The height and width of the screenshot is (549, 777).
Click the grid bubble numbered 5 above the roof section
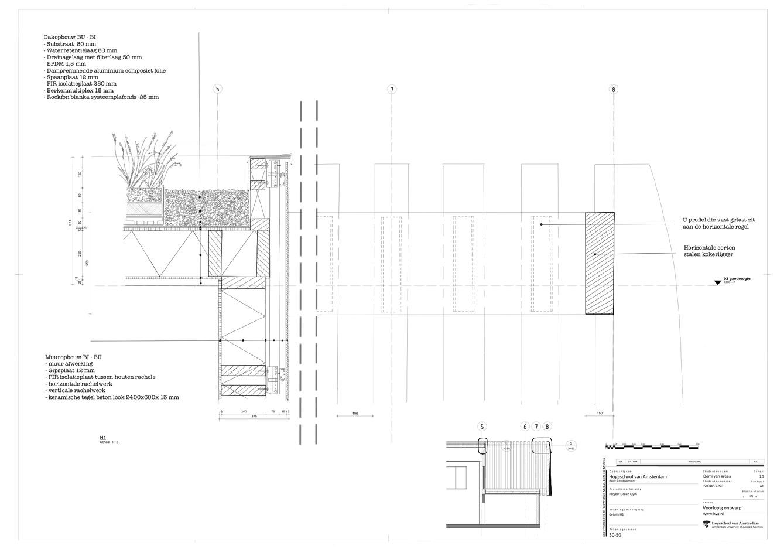pos(218,89)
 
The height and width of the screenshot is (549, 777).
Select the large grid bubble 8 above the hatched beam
pos(613,90)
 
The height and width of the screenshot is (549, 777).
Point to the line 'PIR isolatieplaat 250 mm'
pos(77,84)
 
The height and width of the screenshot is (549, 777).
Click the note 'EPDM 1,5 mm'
pos(63,64)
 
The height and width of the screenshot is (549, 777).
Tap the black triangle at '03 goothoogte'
pos(717,283)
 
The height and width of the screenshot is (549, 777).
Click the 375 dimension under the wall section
pos(254,417)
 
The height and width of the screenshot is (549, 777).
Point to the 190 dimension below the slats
pos(355,414)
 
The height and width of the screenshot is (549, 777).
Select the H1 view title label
pos(102,438)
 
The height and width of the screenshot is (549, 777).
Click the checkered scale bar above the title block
pos(652,447)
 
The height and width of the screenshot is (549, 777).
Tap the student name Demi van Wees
pos(717,476)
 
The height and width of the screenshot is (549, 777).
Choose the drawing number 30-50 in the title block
pos(615,535)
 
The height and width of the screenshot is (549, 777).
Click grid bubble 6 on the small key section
pos(525,427)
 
